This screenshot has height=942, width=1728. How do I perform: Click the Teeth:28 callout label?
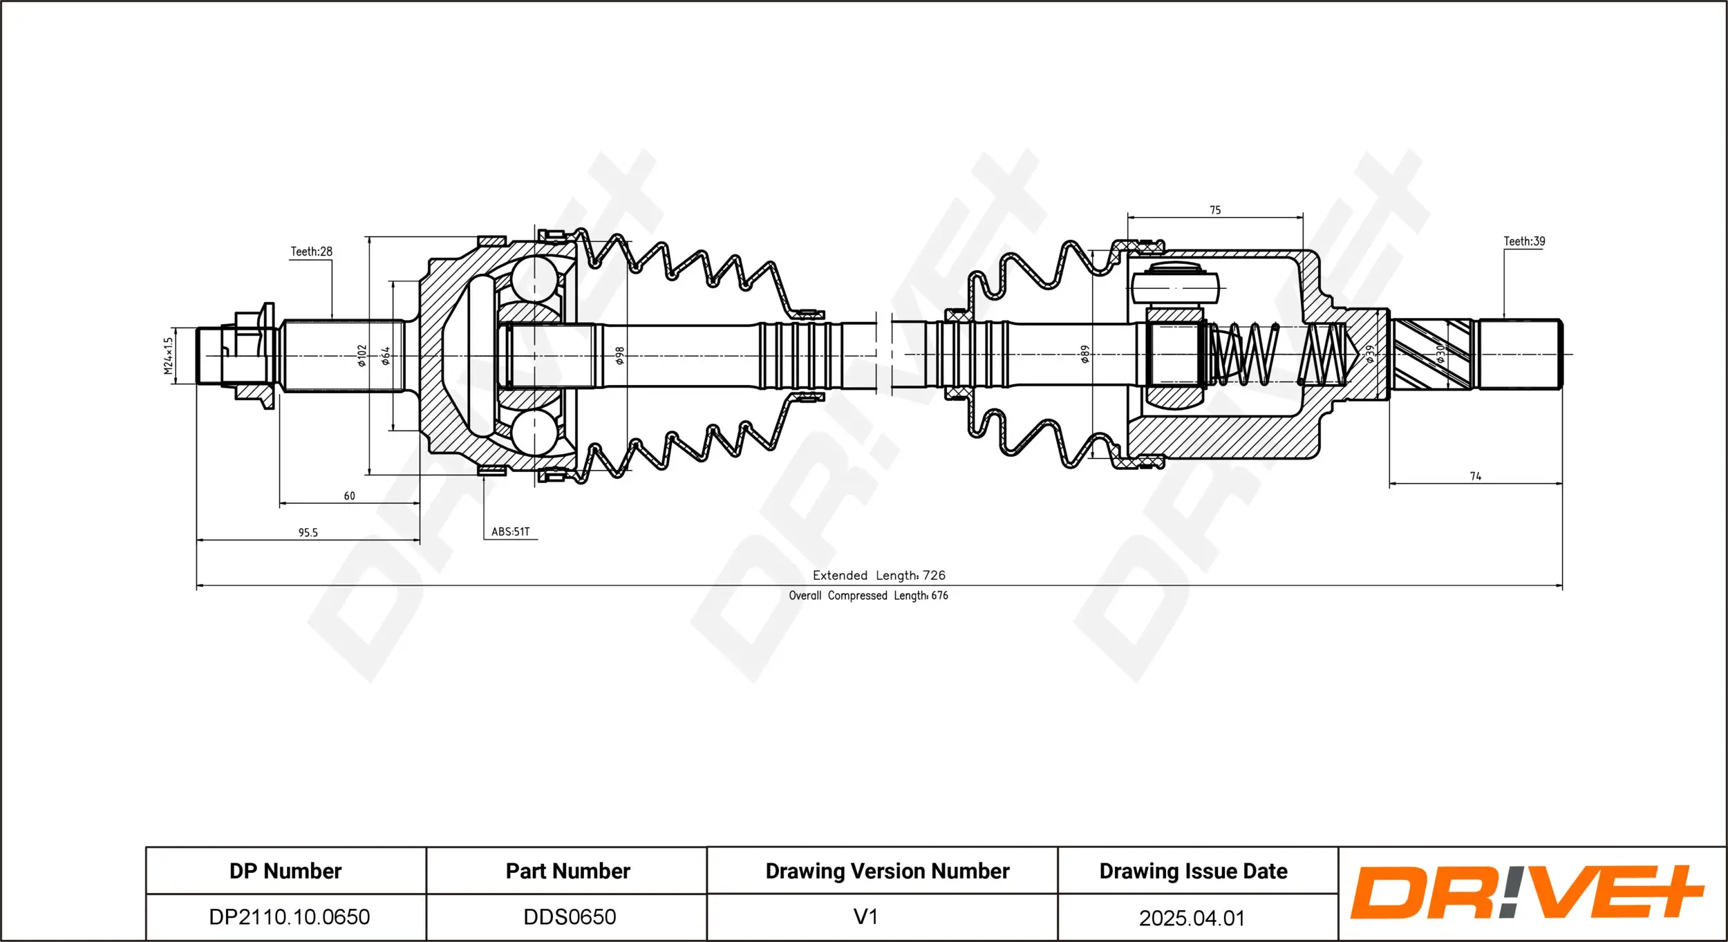coord(311,252)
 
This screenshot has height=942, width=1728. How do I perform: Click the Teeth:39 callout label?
coord(1524,241)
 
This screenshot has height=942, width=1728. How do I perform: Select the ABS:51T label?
coord(510,531)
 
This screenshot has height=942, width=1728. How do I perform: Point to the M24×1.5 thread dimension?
coord(168,356)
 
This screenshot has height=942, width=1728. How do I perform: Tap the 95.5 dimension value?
coord(308,532)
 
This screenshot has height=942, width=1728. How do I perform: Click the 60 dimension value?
coord(349,496)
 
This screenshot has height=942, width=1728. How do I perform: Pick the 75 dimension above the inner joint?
coord(1215,210)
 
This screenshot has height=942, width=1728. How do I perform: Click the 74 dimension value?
coord(1475,476)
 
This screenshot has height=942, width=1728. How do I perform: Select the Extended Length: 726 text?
coord(879,575)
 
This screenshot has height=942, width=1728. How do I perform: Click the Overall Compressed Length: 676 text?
coord(868,595)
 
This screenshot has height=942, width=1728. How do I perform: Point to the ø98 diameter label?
coord(620,356)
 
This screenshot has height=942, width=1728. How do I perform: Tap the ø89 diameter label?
coord(1085,355)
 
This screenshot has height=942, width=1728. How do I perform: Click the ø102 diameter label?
coord(361,356)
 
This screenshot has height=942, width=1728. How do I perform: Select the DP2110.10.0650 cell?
coord(289,916)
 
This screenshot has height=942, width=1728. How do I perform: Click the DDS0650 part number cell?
coord(569,916)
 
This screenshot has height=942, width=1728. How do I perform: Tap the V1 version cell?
coord(865,916)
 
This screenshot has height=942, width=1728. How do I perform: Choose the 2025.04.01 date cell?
coord(1192,918)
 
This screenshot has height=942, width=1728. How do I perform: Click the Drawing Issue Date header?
coord(1193,871)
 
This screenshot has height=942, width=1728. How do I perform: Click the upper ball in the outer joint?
coord(534,279)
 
